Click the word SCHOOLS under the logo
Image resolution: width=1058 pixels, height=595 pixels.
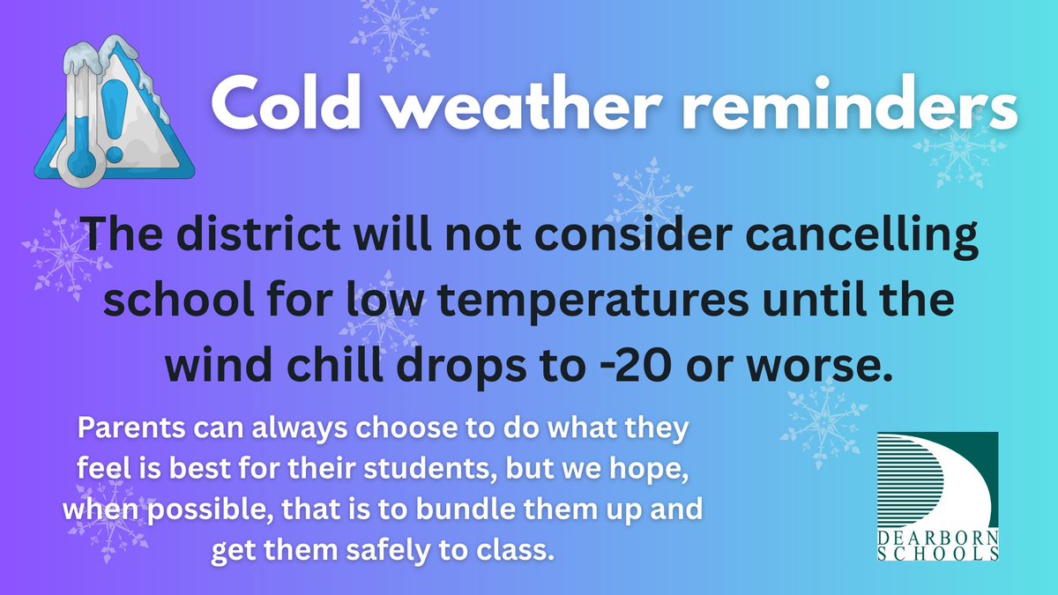(x=938, y=554)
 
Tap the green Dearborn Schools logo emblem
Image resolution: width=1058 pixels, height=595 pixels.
(x=938, y=480)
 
